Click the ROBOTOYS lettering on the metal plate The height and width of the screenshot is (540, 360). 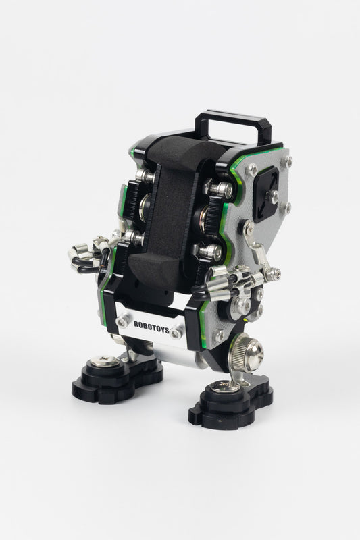pyautogui.click(x=151, y=327)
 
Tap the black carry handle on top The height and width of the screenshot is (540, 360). pyautogui.click(x=234, y=118)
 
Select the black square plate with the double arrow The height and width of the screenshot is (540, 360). pyautogui.click(x=266, y=194)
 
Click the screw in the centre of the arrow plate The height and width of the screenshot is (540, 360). pyautogui.click(x=273, y=196)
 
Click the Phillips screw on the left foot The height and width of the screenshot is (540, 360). pyautogui.click(x=105, y=362)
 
